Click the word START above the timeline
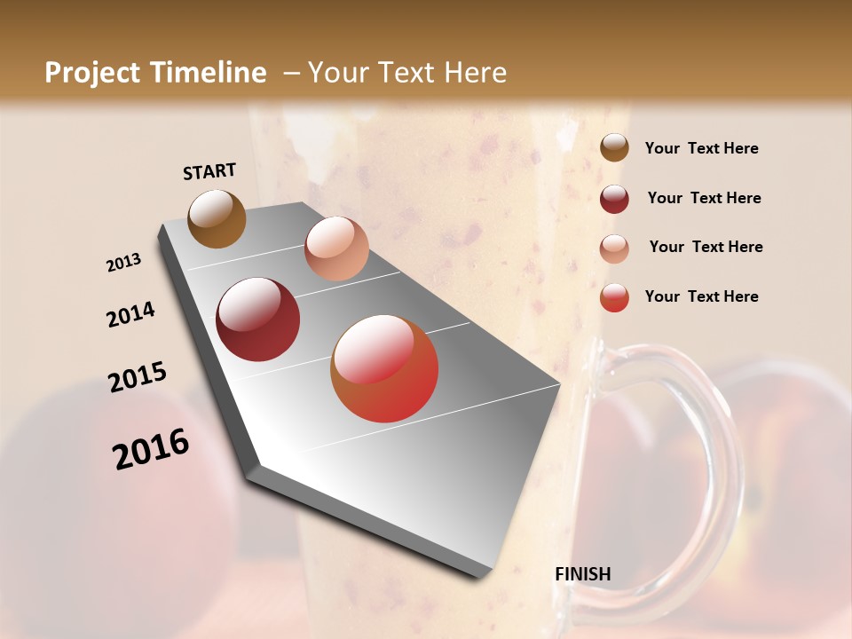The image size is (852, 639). pos(209,171)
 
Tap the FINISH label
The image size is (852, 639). pos(582,574)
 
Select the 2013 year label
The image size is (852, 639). pos(123,263)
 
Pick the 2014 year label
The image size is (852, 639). pos(130,315)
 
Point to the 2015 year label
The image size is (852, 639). pos(138,377)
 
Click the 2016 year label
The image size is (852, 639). pos(151,449)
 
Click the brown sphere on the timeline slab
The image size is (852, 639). pos(217,218)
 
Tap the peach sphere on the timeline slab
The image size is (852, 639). pos(336,248)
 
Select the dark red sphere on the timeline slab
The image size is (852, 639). pos(258,319)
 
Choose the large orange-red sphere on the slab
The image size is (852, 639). pos(384,368)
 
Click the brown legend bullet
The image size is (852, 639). pos(614,148)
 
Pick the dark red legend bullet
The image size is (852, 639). pos(614,199)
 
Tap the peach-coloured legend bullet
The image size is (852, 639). pos(614,248)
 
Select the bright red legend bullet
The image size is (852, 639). pos(614,297)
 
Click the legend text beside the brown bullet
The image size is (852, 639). pos(701,149)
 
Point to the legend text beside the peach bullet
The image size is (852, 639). pos(706,247)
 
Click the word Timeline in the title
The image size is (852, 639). pos(208,73)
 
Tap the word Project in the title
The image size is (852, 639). pos(93,73)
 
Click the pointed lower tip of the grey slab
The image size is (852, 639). pos(479,575)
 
